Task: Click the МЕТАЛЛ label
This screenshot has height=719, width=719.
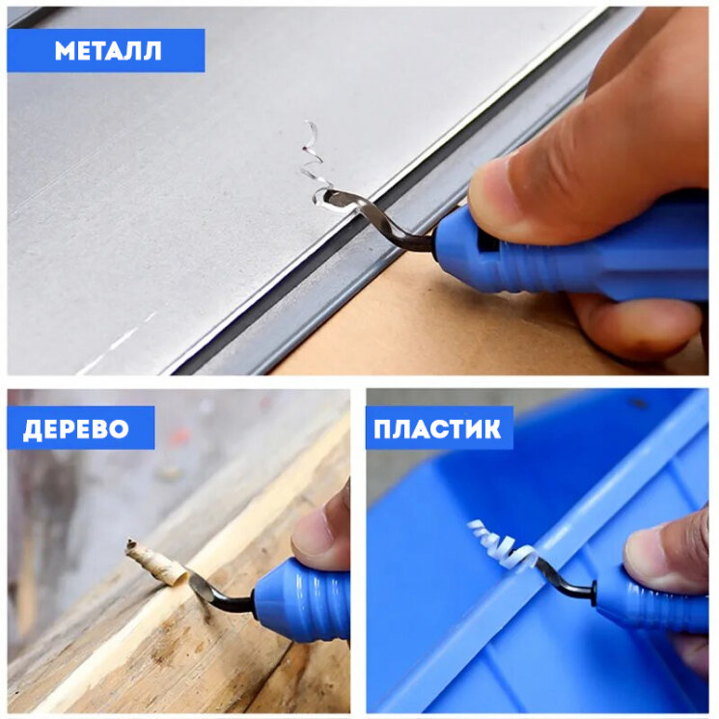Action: point(108,51)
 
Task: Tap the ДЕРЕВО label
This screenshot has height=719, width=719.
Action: point(76,429)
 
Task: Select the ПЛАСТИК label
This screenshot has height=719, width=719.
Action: point(437,429)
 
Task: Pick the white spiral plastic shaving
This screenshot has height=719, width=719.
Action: point(503,543)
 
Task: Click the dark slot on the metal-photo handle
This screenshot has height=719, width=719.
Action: point(487,239)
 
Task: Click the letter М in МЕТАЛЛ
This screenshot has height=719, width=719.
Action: point(65,51)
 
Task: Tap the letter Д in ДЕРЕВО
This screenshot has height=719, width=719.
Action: point(32,430)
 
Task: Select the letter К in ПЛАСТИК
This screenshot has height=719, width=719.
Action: point(491,429)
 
